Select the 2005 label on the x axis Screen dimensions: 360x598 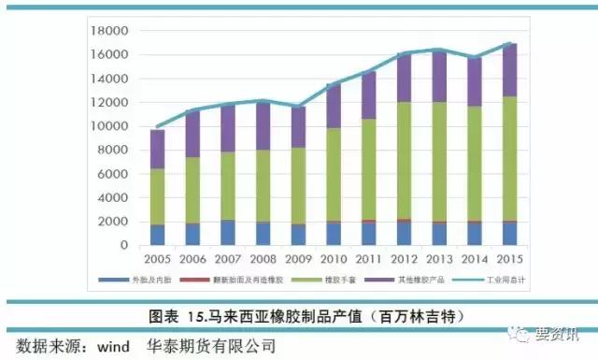click(x=157, y=257)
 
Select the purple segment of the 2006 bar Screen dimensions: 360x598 click(x=192, y=134)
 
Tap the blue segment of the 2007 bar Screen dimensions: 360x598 click(x=227, y=233)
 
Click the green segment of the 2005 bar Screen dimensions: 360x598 click(x=157, y=196)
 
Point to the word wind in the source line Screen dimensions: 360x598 click(x=117, y=345)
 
